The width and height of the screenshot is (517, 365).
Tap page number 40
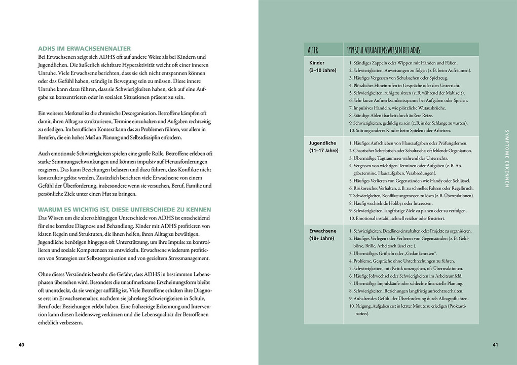coord(21,345)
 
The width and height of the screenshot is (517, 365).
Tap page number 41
coord(495,345)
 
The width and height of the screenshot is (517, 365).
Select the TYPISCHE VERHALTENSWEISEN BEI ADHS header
coord(384,50)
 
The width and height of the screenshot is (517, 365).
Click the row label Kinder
coord(317,63)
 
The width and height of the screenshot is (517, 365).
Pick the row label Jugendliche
coord(323,143)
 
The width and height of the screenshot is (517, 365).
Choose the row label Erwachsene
coord(323,231)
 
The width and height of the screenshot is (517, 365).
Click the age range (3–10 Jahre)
coord(323,70)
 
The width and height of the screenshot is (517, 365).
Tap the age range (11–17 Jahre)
coord(324,151)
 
